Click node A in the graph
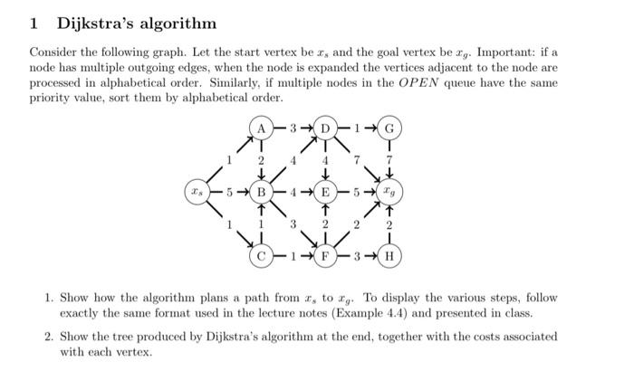pyautogui.click(x=262, y=128)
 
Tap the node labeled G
pyautogui.click(x=389, y=128)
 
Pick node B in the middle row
pyautogui.click(x=262, y=192)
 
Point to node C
pyautogui.click(x=262, y=255)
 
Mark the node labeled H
pyautogui.click(x=389, y=255)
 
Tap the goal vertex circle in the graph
pyautogui.click(x=389, y=192)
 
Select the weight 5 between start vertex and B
pyautogui.click(x=230, y=192)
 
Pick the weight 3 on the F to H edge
pyautogui.click(x=358, y=255)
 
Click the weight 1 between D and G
pyautogui.click(x=358, y=128)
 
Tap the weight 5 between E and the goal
pyautogui.click(x=358, y=192)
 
